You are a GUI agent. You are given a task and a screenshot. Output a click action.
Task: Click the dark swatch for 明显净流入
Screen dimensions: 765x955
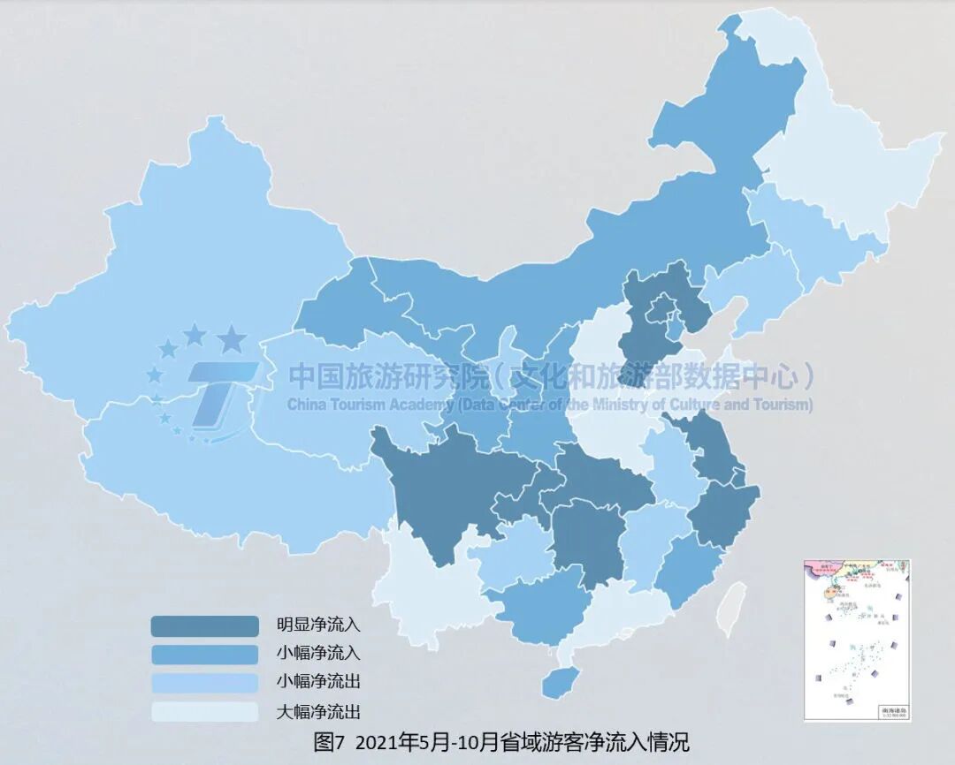pos(204,626)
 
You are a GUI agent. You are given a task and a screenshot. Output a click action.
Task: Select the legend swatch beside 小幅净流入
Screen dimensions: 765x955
pos(204,655)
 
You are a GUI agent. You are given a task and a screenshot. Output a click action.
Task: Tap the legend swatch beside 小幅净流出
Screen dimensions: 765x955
pos(204,683)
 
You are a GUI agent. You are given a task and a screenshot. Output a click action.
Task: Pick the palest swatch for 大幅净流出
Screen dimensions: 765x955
pos(204,711)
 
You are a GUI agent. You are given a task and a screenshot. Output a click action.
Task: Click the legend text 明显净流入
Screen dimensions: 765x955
pos(318,626)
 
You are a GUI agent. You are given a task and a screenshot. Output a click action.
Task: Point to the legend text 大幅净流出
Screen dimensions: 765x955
pos(318,711)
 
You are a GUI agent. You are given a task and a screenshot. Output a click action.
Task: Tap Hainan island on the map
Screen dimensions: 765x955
pos(555,680)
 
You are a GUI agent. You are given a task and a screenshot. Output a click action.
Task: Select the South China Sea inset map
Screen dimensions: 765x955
pos(857,640)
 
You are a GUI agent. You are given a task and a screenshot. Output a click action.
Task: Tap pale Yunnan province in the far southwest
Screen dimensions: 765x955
pos(424,592)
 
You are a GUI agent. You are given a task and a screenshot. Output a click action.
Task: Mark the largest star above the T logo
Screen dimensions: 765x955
pos(232,337)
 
